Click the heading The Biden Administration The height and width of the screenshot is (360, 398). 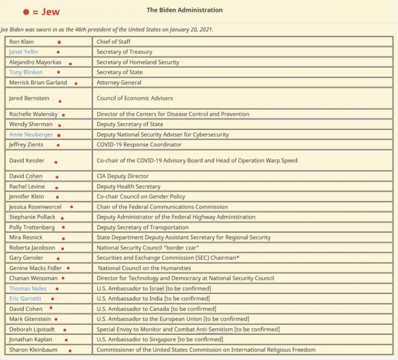(184, 10)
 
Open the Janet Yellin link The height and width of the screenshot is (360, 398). (24, 52)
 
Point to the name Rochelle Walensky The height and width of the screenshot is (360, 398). (32, 114)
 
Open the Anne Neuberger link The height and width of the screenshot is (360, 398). (30, 134)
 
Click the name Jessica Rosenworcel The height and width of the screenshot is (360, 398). (36, 207)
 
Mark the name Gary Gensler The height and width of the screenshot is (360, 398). (26, 258)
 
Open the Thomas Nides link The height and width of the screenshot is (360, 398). (28, 288)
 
